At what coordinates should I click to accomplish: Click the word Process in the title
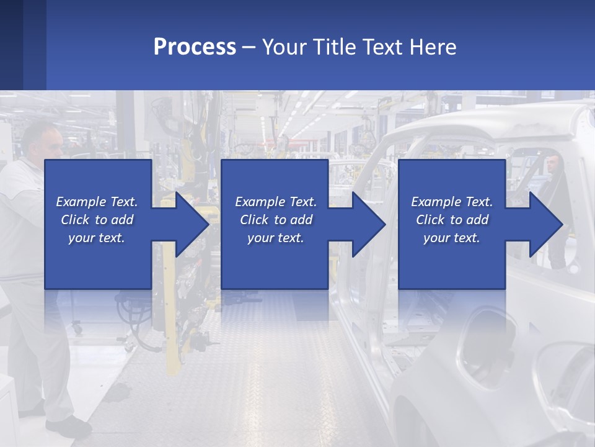(x=195, y=47)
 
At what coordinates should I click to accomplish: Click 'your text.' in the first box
(x=97, y=237)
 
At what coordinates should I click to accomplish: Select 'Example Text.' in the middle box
(x=276, y=202)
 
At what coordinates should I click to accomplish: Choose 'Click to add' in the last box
(x=452, y=220)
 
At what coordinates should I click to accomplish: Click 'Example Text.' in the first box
(x=97, y=202)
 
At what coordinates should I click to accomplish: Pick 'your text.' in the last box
(x=452, y=237)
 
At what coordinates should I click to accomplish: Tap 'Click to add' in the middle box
(x=276, y=220)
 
